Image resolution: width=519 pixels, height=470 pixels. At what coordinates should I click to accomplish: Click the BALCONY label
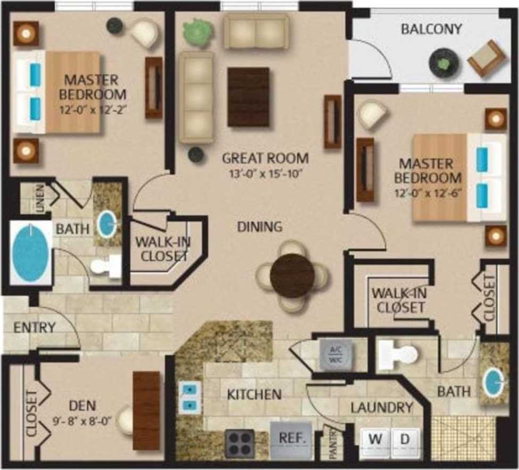431,29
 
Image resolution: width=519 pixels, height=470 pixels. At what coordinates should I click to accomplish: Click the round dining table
292,275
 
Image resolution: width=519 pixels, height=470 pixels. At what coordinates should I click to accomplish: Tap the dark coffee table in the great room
248,97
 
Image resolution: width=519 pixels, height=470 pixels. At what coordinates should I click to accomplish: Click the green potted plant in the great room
197,32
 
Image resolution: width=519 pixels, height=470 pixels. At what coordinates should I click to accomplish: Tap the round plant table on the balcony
443,62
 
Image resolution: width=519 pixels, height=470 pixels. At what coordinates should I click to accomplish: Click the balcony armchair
486,58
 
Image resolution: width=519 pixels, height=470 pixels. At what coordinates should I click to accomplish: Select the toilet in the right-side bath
399,354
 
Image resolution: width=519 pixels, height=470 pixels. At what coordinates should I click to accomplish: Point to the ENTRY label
35,328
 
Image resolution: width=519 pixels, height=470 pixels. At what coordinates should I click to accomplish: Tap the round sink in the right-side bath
493,380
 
